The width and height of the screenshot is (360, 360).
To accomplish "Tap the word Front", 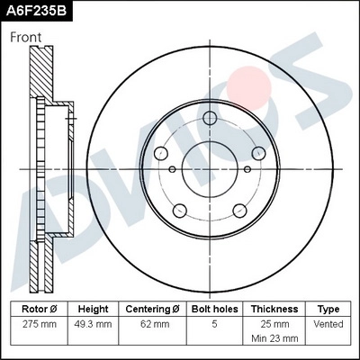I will [x=27, y=38].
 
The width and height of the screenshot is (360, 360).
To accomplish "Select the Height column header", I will [x=94, y=308].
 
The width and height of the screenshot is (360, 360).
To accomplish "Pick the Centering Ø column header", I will [x=152, y=308].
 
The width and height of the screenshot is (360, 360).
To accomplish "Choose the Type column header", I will [x=328, y=308].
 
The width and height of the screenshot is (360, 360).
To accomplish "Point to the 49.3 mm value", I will [x=94, y=324].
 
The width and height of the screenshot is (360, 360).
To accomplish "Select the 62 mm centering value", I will [x=152, y=324].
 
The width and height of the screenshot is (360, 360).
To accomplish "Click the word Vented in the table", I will [x=328, y=324].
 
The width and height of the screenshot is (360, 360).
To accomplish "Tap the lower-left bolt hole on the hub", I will [x=180, y=211].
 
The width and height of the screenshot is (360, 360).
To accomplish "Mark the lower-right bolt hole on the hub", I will [x=239, y=211].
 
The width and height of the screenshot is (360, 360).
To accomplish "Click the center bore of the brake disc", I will [x=210, y=168].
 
